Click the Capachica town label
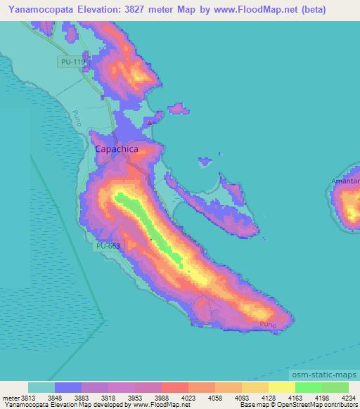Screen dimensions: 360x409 click(116, 149)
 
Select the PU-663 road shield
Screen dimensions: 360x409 click(109, 246)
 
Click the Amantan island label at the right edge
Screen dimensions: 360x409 click(345, 181)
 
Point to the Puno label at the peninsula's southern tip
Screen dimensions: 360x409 click(267, 324)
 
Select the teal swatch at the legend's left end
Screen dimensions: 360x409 click(41, 387)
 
